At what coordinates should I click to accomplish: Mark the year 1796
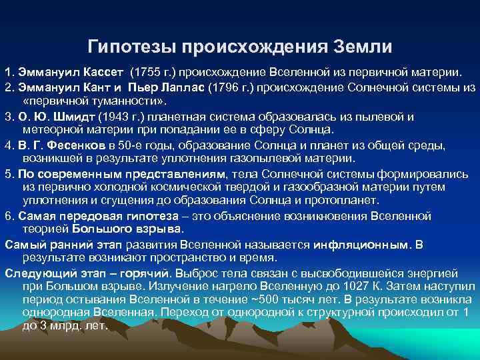pos(224,87)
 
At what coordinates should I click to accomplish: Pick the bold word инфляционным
pos(367,244)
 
